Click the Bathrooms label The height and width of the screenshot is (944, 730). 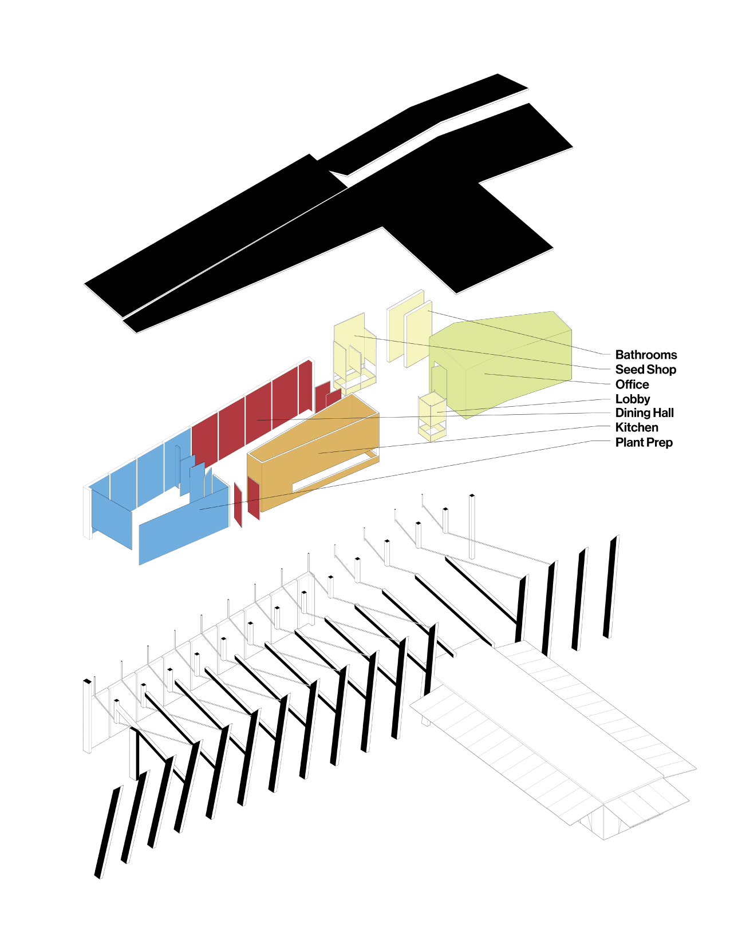click(x=645, y=355)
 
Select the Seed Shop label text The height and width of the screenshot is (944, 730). click(x=645, y=370)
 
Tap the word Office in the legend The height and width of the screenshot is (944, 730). click(x=632, y=384)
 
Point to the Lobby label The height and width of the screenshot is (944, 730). click(x=632, y=399)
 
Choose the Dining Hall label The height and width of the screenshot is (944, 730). click(x=644, y=413)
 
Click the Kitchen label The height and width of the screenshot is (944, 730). click(x=636, y=427)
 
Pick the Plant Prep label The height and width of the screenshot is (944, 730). click(x=644, y=442)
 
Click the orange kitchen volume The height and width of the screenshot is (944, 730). click(x=315, y=452)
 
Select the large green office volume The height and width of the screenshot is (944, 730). click(x=515, y=366)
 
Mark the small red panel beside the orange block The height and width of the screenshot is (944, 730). click(x=253, y=498)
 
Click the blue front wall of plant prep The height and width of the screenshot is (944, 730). click(x=183, y=532)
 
